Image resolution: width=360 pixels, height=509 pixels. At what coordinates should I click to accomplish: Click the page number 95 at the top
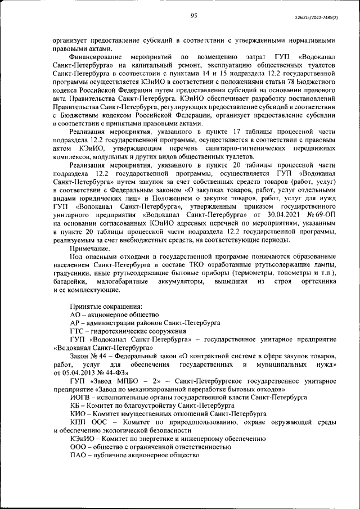193,16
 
